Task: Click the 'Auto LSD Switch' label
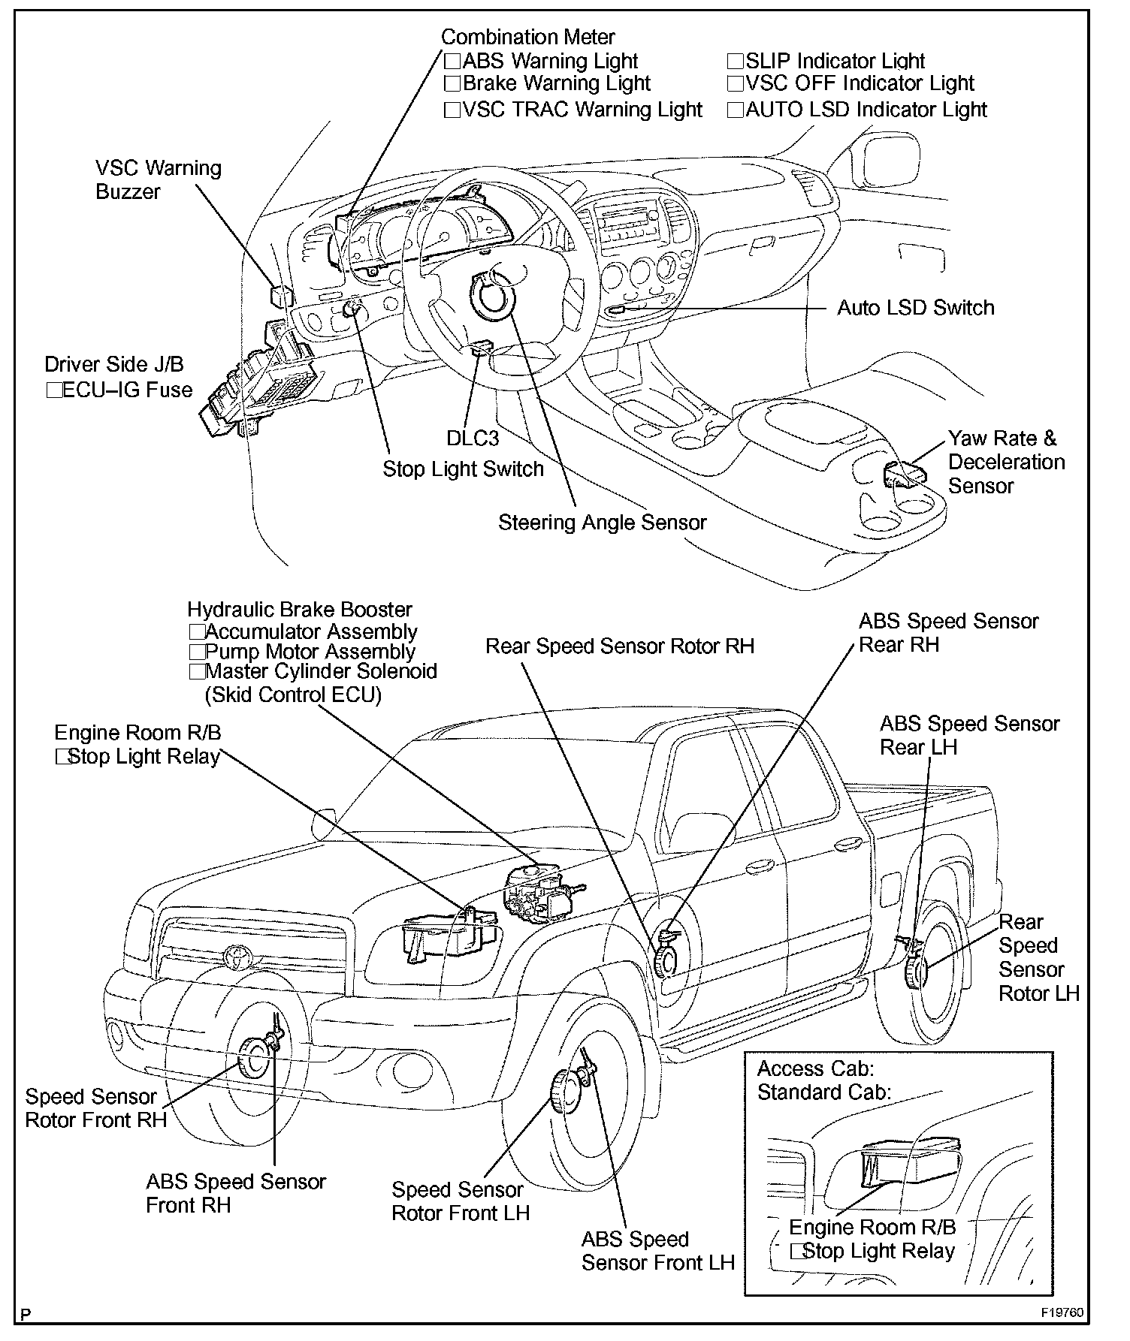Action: (x=915, y=308)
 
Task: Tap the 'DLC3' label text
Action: (x=472, y=438)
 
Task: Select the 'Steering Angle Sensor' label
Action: (x=602, y=523)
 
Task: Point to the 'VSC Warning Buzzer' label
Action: (x=158, y=179)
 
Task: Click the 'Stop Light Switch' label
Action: (x=463, y=469)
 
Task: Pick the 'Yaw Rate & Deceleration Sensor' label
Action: (x=1005, y=462)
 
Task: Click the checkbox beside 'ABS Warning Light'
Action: (x=452, y=62)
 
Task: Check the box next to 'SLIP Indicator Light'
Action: (x=735, y=62)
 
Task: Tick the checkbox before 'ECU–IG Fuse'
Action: (x=53, y=390)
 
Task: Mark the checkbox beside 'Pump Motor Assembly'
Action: (x=197, y=652)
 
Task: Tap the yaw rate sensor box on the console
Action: (x=904, y=475)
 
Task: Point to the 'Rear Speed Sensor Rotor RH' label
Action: (x=619, y=646)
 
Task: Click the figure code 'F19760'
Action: (x=1062, y=1313)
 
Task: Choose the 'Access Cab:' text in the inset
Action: (x=815, y=1068)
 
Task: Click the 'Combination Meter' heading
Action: (x=527, y=37)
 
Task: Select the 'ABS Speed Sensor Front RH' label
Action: (x=235, y=1193)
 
